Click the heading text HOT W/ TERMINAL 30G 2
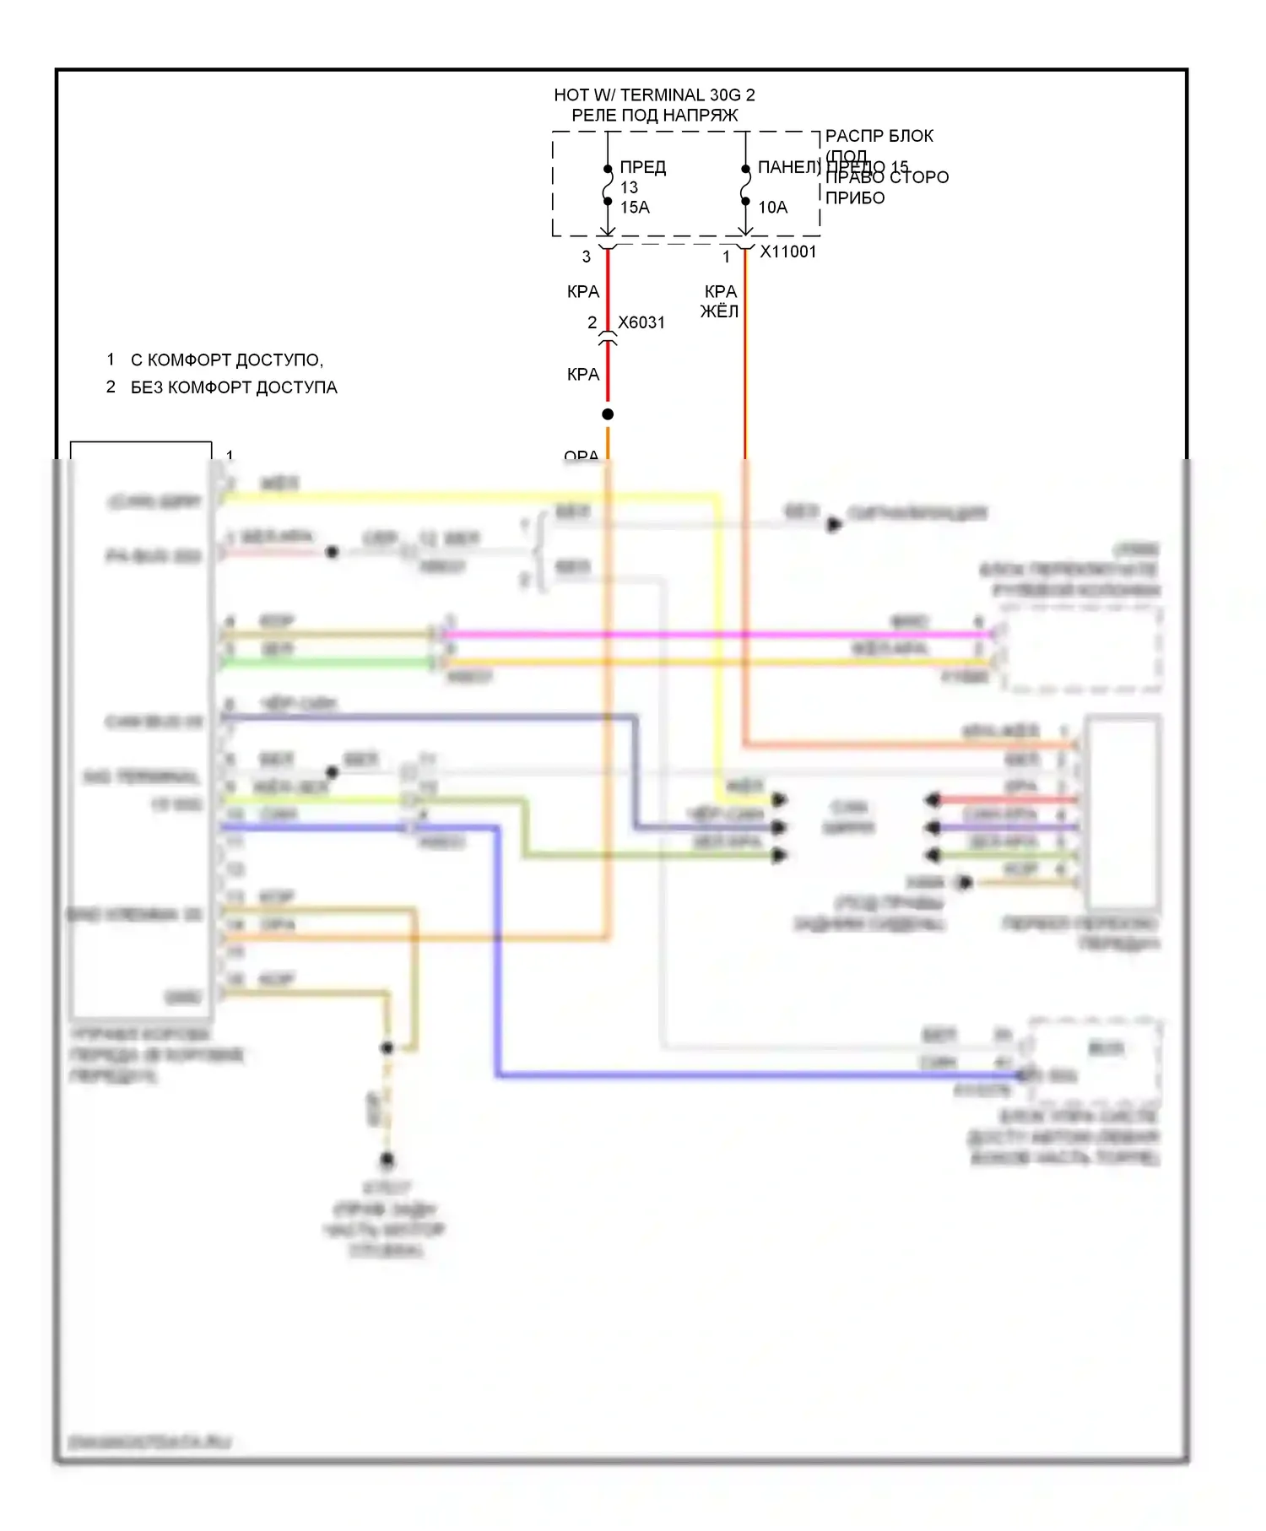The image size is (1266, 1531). (x=654, y=95)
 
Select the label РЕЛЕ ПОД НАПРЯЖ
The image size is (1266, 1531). (x=654, y=116)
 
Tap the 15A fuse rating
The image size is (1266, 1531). (x=635, y=208)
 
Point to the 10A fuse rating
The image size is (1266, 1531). (x=772, y=208)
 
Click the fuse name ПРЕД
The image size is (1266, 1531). (x=643, y=168)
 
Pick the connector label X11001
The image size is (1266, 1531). (x=788, y=252)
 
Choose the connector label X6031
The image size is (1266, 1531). (x=641, y=322)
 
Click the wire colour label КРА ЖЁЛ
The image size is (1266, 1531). (x=720, y=301)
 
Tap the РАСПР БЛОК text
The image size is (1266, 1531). (x=879, y=136)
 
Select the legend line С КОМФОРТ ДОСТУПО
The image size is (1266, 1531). (x=226, y=360)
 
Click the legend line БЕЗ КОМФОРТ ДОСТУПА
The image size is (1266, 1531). (x=234, y=387)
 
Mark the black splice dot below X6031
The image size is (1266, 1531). (x=608, y=414)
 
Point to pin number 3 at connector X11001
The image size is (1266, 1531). (x=587, y=257)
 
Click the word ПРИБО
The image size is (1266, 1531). (x=855, y=198)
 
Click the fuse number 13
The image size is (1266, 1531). (x=630, y=187)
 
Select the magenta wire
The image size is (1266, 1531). (x=717, y=634)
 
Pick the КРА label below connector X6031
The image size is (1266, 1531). (x=583, y=374)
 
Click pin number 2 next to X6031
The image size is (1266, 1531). (x=592, y=322)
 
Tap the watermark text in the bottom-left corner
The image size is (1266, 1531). (x=150, y=1442)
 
